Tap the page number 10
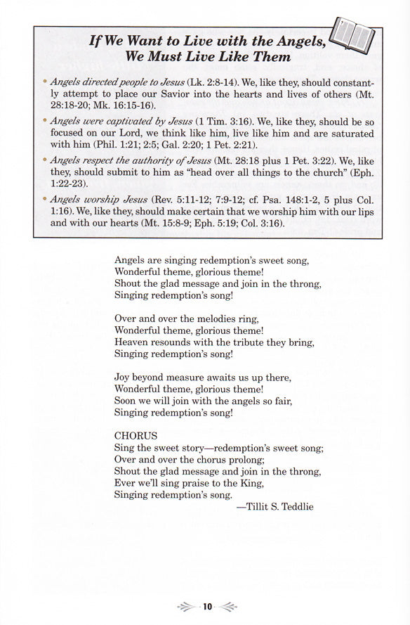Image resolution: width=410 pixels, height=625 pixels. [x=208, y=606]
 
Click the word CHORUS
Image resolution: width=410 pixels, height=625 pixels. [x=135, y=435]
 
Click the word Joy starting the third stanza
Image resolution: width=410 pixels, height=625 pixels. [x=123, y=377]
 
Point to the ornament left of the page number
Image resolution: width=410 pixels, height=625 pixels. [x=187, y=606]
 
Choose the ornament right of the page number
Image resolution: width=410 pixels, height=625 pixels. [x=228, y=606]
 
